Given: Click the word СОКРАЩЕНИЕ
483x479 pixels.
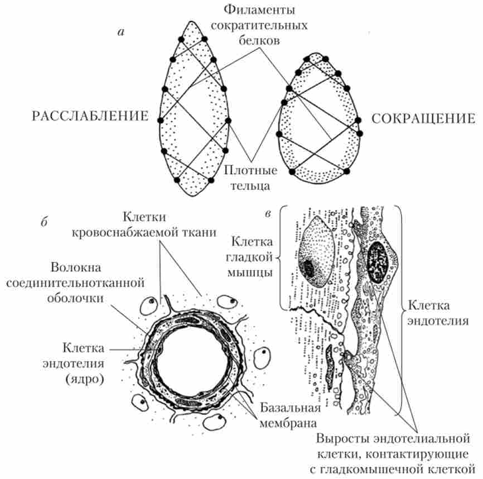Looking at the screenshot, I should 423,118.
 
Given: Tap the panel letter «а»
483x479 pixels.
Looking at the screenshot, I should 120,32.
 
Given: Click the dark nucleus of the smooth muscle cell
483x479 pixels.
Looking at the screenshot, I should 308,268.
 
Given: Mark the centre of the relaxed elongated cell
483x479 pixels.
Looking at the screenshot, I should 192,112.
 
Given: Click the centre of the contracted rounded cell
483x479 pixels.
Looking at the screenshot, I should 318,120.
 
